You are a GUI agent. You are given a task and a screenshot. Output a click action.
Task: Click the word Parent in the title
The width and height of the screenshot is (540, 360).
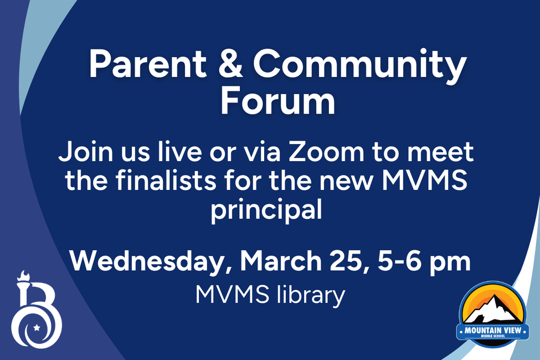tap(148, 65)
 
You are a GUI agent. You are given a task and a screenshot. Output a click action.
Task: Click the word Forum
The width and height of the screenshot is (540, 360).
tap(277, 101)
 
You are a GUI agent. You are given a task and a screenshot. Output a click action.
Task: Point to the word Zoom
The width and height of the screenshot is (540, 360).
tap(326, 152)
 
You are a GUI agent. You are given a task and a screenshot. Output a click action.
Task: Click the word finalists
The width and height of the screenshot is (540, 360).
tap(166, 180)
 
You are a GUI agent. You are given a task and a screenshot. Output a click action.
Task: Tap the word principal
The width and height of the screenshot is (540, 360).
tap(266, 210)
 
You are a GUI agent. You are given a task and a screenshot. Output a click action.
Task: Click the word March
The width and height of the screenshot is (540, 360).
tap(281, 261)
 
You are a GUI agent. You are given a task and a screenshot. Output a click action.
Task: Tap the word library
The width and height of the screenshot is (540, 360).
tap(311, 296)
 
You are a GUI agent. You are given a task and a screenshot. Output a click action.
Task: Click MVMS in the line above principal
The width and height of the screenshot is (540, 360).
tap(425, 180)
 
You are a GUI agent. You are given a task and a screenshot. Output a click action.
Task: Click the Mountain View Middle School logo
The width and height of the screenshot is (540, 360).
tap(493, 315)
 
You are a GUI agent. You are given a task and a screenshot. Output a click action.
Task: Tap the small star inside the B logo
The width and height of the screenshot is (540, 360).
tap(37, 327)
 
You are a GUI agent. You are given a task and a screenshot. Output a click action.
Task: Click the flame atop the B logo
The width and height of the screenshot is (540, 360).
tap(24, 276)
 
